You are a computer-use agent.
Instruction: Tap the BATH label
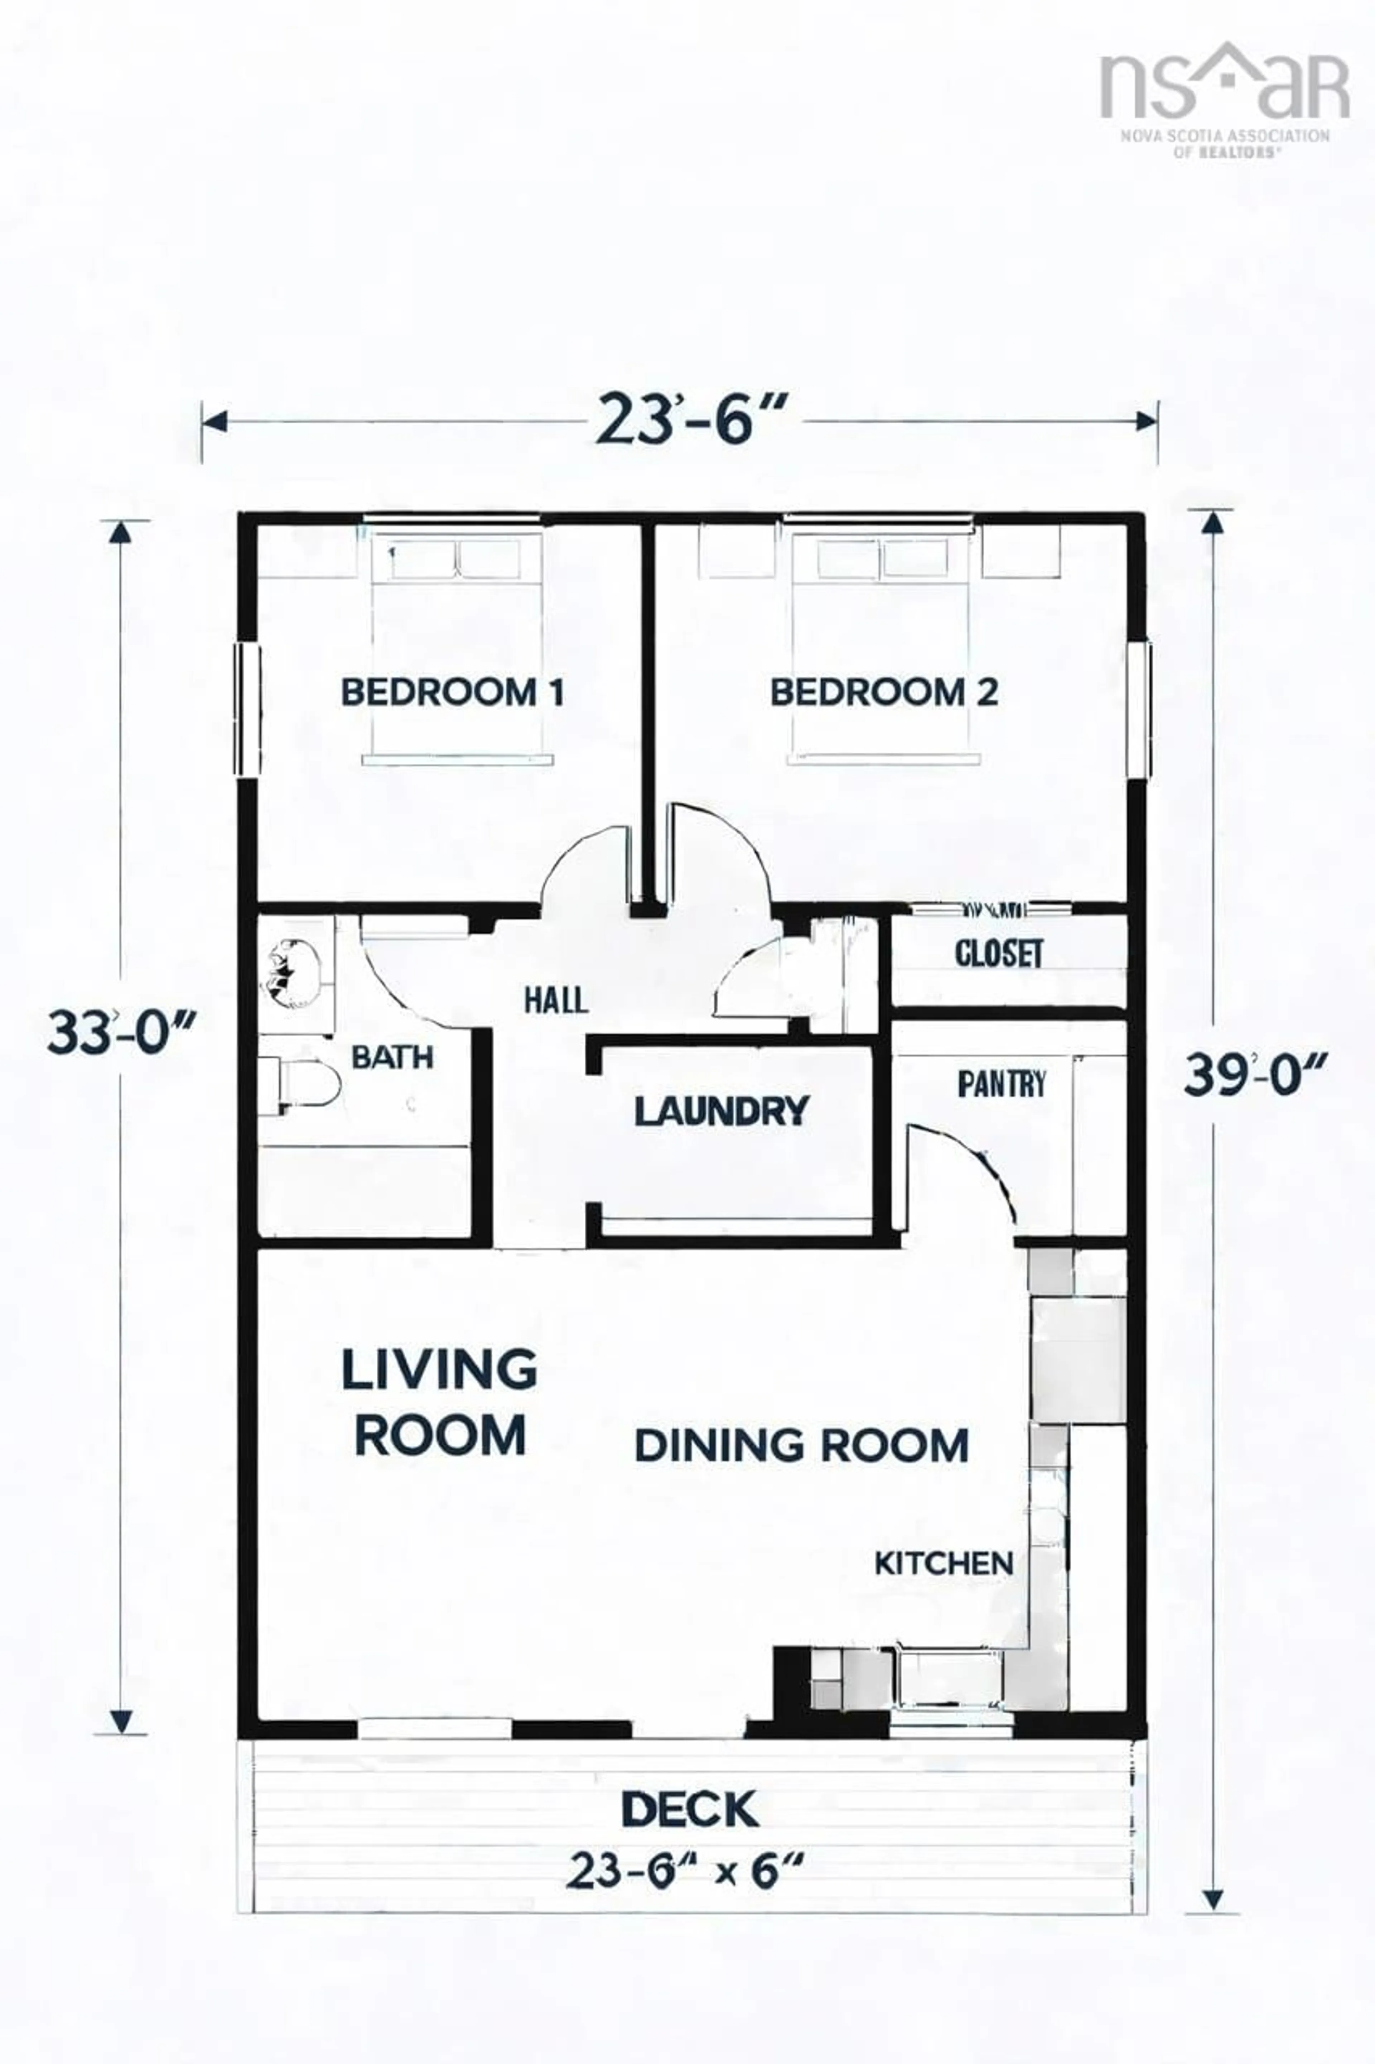click(x=392, y=1058)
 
